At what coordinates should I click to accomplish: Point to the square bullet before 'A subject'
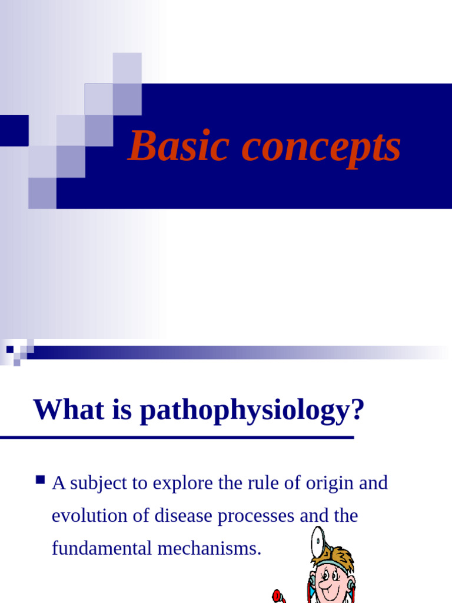click(41, 481)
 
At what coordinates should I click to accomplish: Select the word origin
click(328, 485)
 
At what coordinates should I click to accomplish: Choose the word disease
click(182, 516)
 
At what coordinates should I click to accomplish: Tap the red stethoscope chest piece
click(277, 596)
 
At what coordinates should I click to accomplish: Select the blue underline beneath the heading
click(177, 438)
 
